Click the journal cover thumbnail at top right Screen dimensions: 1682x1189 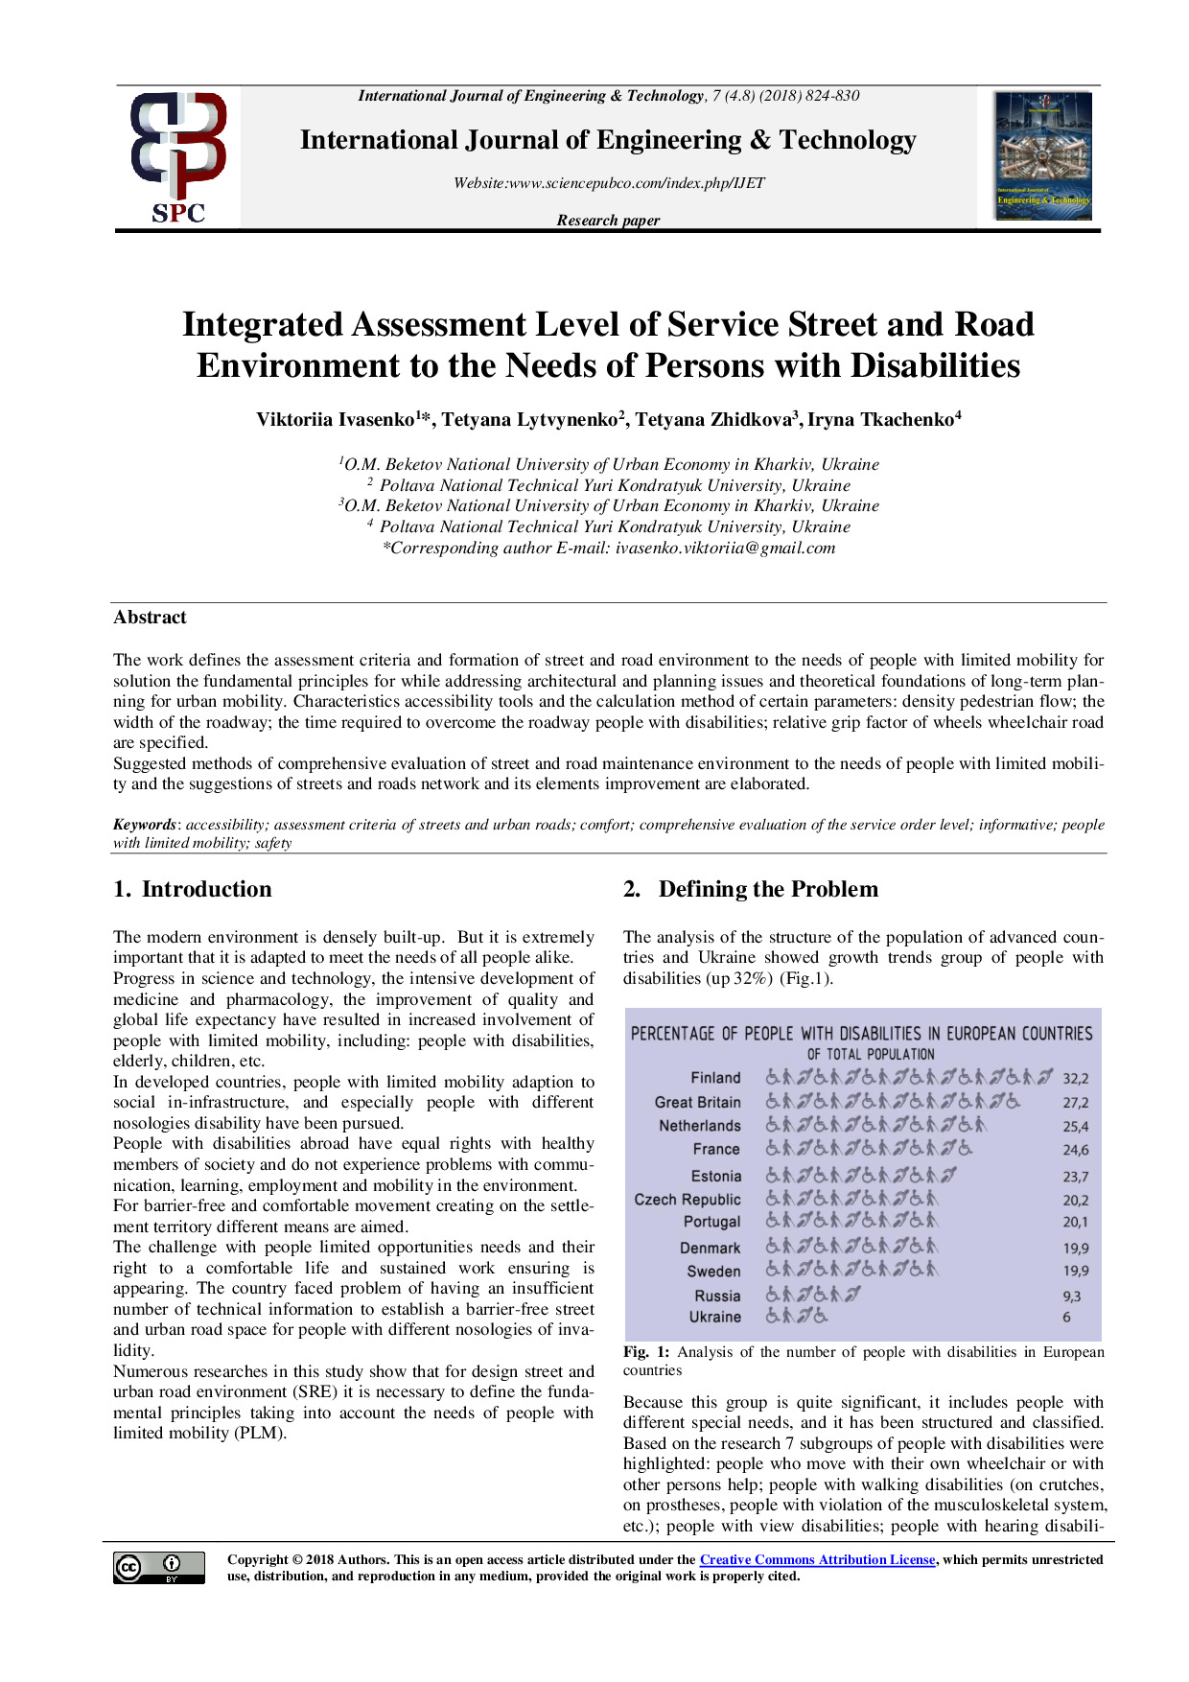tap(1043, 156)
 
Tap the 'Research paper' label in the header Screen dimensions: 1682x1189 tap(608, 221)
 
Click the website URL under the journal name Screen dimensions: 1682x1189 tap(609, 183)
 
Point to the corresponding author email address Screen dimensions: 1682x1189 tap(725, 549)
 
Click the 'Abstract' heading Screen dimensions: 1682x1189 tap(150, 618)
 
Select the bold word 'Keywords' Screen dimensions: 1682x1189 tap(144, 825)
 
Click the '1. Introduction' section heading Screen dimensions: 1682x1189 tap(193, 889)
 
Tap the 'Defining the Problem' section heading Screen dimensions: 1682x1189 tap(767, 889)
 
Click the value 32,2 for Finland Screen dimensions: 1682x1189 tap(1075, 1079)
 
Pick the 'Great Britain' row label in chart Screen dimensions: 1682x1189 tap(697, 1103)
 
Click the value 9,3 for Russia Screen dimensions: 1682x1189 tap(1071, 1297)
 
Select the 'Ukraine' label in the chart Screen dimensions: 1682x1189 tap(714, 1318)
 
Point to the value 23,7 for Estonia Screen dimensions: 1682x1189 tap(1075, 1177)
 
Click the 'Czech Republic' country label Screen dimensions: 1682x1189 tap(687, 1200)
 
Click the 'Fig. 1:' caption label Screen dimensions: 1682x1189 tap(646, 1352)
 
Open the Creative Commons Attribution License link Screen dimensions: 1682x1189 tap(817, 1560)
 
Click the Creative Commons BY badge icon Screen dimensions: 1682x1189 tap(158, 1567)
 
